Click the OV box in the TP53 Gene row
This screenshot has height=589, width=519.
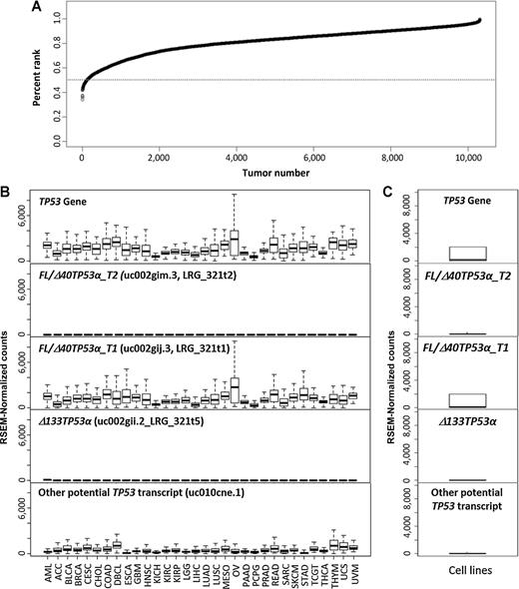(234, 243)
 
